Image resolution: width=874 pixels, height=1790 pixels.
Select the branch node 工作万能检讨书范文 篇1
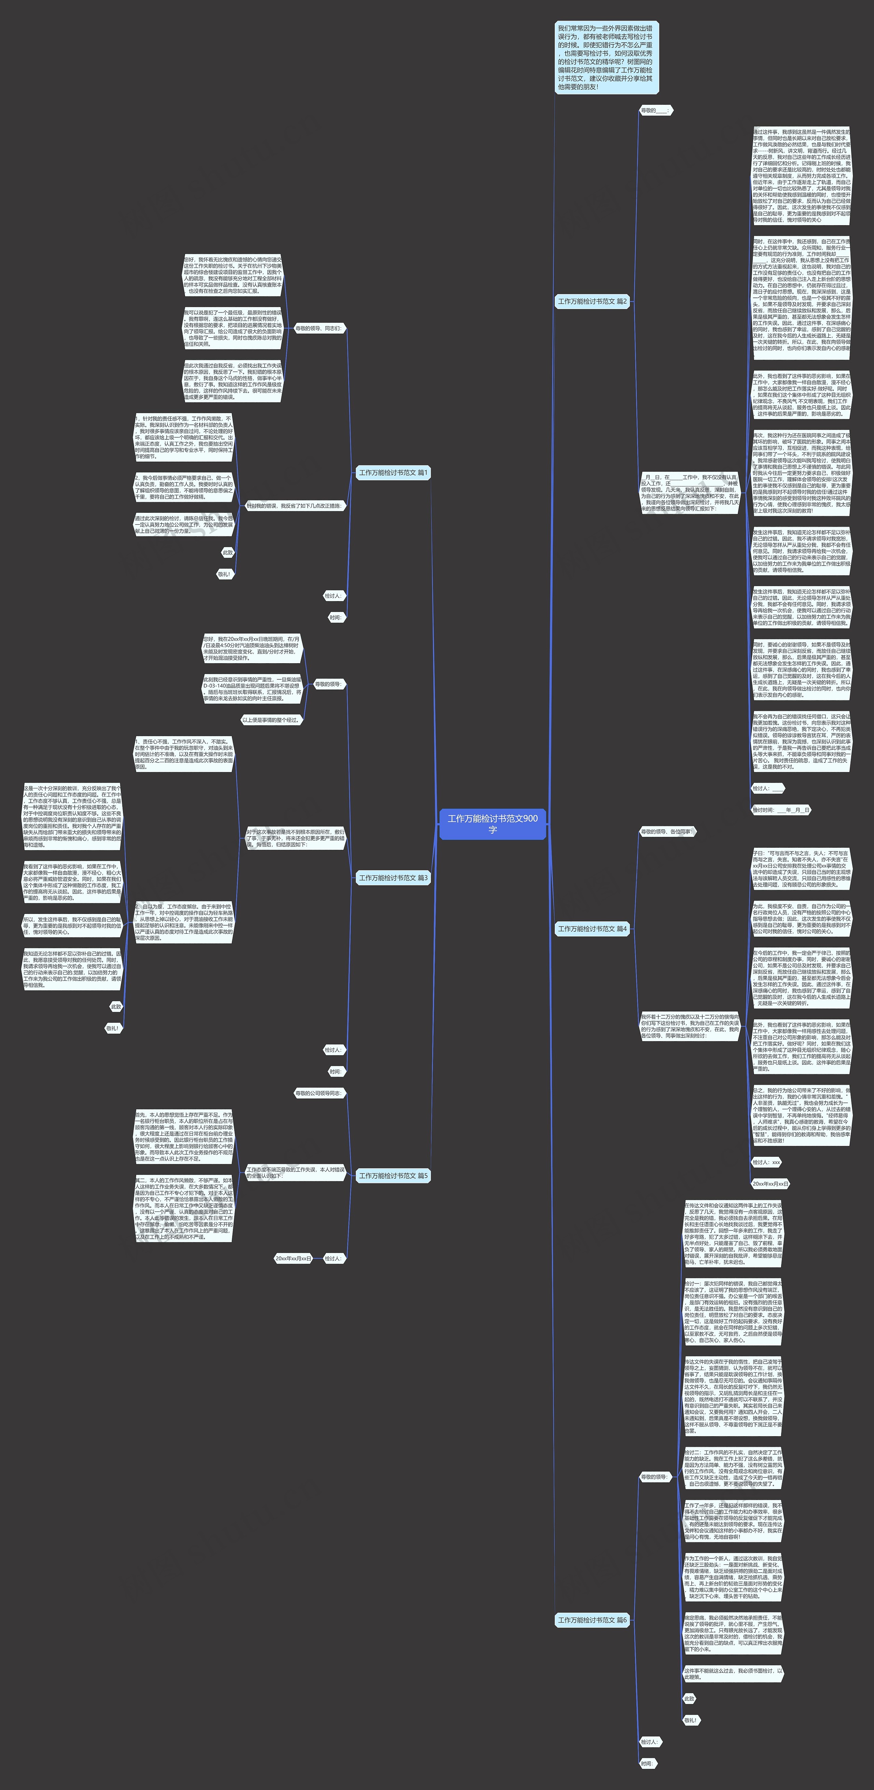click(393, 472)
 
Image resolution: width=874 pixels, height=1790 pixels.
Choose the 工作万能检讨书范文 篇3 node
click(393, 878)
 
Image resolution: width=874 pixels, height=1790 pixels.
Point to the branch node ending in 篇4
click(592, 928)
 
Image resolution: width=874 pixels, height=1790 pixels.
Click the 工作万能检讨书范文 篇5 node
click(393, 1176)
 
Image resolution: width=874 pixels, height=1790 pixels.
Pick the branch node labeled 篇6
click(592, 1620)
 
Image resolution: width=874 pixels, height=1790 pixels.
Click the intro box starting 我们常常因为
click(606, 58)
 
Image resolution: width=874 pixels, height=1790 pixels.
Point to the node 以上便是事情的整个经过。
click(271, 720)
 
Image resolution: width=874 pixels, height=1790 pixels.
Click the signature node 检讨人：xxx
click(766, 1162)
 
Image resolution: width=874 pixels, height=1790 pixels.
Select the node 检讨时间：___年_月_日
click(781, 810)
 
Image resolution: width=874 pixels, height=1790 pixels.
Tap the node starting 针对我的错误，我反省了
click(295, 506)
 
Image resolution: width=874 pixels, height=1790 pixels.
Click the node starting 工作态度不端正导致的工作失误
click(295, 1172)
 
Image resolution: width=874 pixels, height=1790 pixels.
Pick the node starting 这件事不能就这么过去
click(733, 1673)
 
